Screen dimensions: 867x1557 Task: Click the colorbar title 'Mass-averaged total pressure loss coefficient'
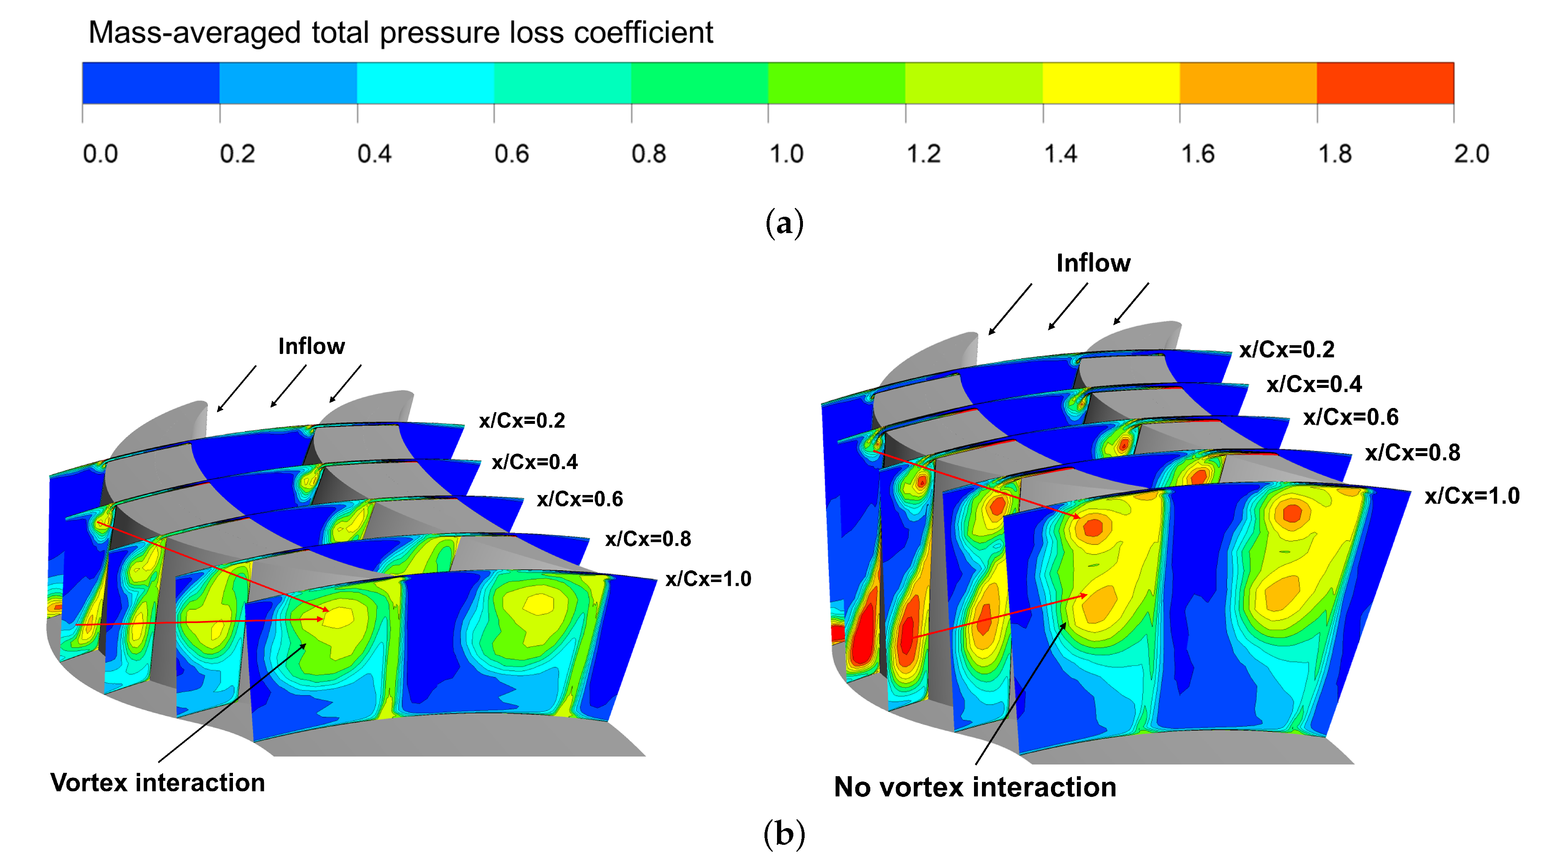[x=400, y=33]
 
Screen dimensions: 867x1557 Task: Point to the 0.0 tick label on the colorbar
[x=100, y=154]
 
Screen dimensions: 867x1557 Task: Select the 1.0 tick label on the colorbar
[x=786, y=154]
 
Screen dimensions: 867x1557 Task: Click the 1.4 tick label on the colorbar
[x=1060, y=154]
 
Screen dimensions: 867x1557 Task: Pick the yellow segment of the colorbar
[x=1111, y=83]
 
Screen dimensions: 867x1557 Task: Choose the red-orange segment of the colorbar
[x=1386, y=83]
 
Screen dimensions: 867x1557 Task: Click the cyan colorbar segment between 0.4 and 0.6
[x=425, y=83]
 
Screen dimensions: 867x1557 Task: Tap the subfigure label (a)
[x=784, y=223]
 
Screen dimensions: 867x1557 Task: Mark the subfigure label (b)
[x=784, y=834]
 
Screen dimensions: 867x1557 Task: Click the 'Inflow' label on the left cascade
[x=311, y=346]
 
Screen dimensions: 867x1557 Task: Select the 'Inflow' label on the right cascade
[x=1093, y=263]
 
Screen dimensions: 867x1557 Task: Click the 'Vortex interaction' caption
[x=158, y=782]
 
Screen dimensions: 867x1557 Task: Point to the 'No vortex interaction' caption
[x=975, y=787]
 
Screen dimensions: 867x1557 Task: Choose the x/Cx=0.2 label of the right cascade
[x=1286, y=349]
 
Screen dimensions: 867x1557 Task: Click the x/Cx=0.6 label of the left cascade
[x=580, y=499]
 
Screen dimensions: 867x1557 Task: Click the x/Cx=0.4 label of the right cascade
[x=1314, y=384]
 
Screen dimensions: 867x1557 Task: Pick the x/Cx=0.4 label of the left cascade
[x=534, y=462]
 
